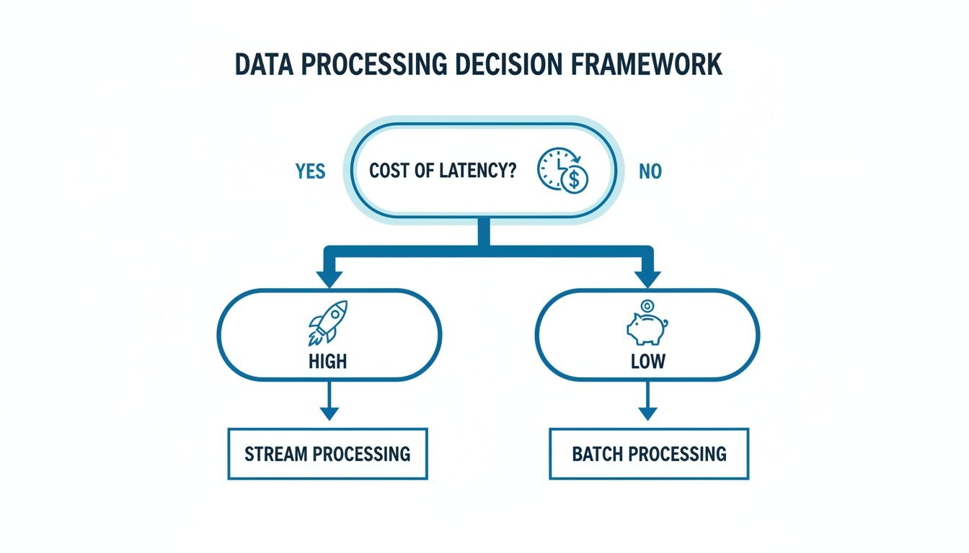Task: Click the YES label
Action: point(310,171)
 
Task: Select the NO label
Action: point(650,172)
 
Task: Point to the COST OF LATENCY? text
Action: point(443,171)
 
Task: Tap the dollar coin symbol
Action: point(575,180)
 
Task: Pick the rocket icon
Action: point(329,322)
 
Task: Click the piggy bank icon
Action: point(646,328)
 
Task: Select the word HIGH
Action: point(328,360)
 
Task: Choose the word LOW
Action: point(647,360)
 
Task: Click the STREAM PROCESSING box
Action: point(328,454)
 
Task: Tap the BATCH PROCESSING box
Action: point(648,454)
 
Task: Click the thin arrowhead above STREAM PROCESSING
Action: point(329,413)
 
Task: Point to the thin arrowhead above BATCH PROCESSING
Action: point(647,413)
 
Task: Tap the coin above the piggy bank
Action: point(646,306)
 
